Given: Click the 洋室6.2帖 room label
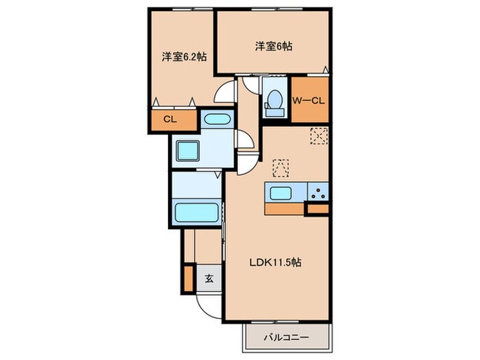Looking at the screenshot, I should [184, 58].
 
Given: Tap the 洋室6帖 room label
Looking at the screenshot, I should [274, 47].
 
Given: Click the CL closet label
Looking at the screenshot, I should [169, 119].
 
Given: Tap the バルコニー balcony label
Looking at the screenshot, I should [287, 337].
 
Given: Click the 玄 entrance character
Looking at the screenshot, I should [208, 279].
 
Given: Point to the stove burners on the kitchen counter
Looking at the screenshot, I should [317, 193].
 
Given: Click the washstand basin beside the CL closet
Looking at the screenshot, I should [218, 119].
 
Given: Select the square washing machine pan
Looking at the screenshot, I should [187, 150].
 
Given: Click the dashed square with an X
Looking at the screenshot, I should [319, 136].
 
